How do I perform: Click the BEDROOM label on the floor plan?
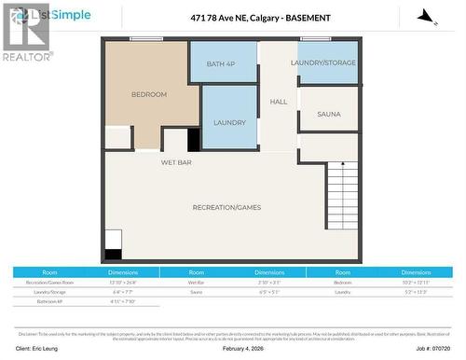pos(149,94)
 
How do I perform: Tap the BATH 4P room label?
pos(223,62)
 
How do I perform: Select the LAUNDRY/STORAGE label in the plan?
pos(322,62)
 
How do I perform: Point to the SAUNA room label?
pos(328,115)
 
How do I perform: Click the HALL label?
pos(279,102)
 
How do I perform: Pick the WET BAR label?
pos(150,162)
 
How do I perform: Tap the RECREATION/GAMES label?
pos(226,207)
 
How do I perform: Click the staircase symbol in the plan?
pos(341,195)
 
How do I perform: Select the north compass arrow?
pos(425,18)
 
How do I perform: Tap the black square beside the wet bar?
pos(194,140)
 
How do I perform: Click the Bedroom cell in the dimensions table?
pos(342,281)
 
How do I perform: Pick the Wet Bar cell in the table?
pos(196,281)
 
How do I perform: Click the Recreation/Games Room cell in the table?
pos(49,281)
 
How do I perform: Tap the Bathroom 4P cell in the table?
pos(49,302)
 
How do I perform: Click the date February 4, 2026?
pos(247,347)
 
